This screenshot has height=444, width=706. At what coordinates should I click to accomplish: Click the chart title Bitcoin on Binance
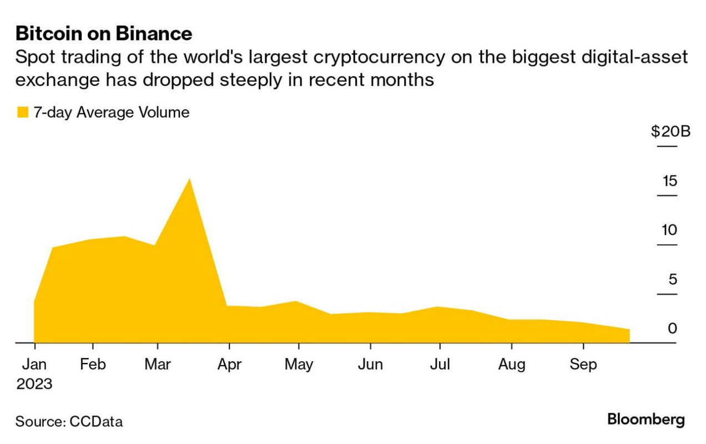tap(104, 34)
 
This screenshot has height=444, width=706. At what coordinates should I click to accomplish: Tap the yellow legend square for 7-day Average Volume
tap(23, 113)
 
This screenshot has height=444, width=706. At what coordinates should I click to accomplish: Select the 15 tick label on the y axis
tap(669, 181)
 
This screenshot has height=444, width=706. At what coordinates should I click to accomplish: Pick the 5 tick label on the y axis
tap(673, 279)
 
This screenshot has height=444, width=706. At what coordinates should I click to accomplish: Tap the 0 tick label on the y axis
tap(673, 328)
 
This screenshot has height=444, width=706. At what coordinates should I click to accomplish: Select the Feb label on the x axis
tap(93, 365)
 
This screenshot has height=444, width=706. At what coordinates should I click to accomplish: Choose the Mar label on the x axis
tap(158, 365)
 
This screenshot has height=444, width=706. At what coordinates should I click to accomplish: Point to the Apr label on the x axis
tap(229, 365)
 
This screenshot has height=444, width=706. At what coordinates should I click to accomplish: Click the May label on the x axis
tap(299, 365)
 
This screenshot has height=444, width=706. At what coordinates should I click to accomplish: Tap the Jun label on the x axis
tap(370, 365)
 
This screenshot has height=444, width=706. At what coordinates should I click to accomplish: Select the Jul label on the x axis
tap(440, 365)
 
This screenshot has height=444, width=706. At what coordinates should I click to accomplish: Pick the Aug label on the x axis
tap(511, 365)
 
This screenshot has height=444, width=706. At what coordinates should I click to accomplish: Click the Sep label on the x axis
tap(583, 365)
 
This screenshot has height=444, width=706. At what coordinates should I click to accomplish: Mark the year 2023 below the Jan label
tap(34, 384)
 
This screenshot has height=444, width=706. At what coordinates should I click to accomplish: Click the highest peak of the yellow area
tap(190, 180)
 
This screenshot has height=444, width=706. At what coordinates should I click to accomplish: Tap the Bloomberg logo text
tap(646, 419)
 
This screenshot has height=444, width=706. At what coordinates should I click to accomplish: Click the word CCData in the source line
tap(96, 422)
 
